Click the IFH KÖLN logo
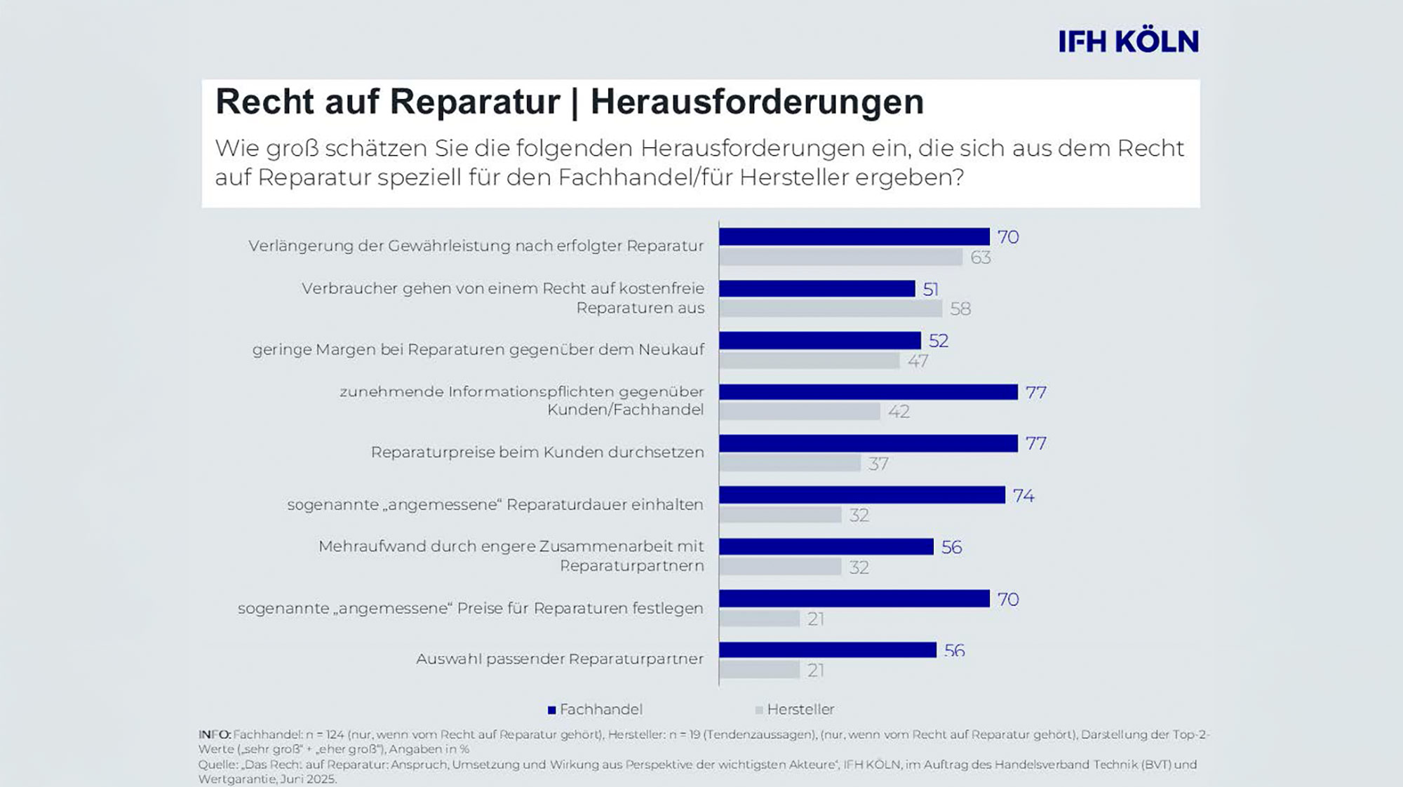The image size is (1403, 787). (1128, 42)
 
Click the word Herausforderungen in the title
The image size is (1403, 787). (757, 102)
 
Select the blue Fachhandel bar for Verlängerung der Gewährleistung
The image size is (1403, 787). (854, 237)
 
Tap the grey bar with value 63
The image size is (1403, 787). (840, 257)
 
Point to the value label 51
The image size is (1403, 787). (930, 289)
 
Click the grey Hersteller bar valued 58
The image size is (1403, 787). (831, 309)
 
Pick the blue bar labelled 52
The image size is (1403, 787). (819, 341)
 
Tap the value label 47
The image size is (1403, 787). (918, 361)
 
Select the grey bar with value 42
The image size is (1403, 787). (800, 412)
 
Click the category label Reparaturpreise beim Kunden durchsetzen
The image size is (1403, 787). (537, 452)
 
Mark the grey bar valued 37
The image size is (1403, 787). (790, 464)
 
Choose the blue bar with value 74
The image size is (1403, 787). (861, 495)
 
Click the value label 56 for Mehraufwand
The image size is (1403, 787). (951, 547)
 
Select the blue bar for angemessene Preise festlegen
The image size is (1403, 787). (854, 599)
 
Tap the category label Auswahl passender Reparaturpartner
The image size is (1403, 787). (559, 659)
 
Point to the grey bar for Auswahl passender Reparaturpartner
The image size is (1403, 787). (759, 671)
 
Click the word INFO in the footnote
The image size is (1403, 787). (214, 734)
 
